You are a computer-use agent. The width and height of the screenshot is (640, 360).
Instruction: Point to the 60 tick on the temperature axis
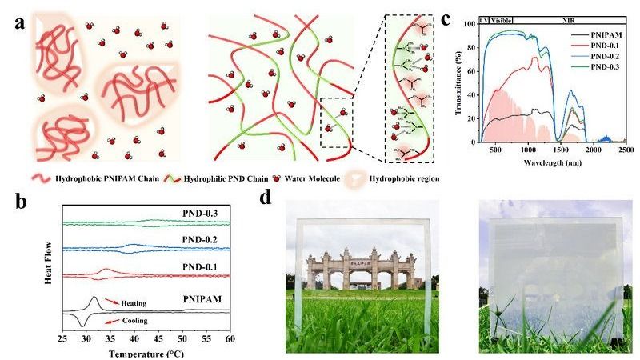click(x=230, y=339)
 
